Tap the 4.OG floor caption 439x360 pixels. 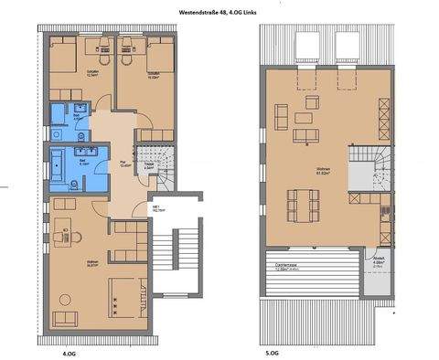pos(66,350)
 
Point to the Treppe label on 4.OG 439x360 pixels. pos(149,167)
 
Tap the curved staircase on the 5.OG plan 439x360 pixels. pos(370,164)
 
